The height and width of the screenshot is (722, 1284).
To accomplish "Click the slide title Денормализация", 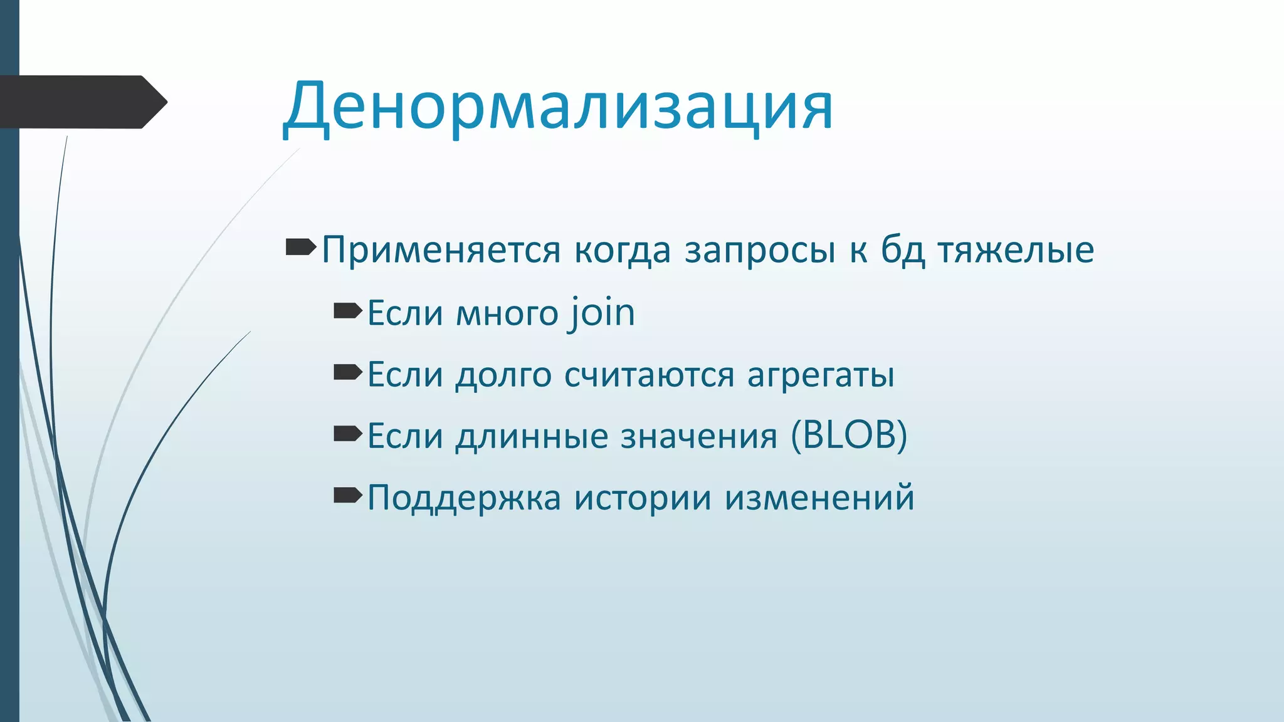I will [x=558, y=107].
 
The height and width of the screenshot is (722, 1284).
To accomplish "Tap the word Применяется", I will [x=441, y=250].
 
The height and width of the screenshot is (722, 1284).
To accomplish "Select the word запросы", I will [x=760, y=250].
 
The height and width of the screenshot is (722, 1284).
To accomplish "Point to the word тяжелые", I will [x=1016, y=250].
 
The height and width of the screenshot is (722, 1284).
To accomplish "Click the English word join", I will [x=602, y=313].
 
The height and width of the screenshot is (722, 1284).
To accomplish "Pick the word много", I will [x=507, y=313].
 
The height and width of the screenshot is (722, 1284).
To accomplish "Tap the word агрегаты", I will [x=821, y=375].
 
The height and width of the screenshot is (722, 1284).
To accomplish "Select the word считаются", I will [x=649, y=375].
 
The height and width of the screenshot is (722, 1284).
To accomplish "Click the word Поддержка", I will [x=464, y=498].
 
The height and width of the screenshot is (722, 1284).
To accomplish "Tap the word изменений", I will [x=819, y=498].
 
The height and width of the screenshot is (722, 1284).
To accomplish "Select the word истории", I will [x=643, y=498].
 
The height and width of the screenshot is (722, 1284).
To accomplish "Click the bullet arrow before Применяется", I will [x=301, y=248].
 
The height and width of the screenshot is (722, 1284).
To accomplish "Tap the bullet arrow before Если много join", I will [x=348, y=310].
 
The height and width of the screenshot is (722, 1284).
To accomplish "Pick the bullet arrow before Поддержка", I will [x=348, y=496].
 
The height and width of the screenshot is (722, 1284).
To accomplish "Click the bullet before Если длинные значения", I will [x=348, y=434].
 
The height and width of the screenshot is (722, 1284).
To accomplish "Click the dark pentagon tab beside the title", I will [x=82, y=102].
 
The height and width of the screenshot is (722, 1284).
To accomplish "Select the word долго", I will [x=503, y=375].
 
